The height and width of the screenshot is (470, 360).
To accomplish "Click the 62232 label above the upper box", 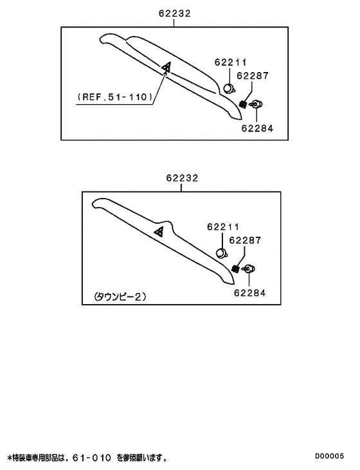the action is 174,14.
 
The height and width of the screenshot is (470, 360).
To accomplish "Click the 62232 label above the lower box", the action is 182,178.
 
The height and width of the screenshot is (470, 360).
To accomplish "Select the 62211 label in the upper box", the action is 231,62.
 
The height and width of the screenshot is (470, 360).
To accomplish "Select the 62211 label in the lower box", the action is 223,227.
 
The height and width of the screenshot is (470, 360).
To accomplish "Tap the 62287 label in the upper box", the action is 253,76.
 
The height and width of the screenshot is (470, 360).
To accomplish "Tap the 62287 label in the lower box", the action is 245,240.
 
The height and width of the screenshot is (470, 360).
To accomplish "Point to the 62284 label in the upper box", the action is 258,129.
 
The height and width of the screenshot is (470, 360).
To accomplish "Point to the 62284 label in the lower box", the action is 250,293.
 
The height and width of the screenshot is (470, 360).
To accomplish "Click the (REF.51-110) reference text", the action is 115,97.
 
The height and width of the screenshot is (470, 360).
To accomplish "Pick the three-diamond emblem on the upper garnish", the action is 166,68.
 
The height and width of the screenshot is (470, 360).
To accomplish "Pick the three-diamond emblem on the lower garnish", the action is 159,231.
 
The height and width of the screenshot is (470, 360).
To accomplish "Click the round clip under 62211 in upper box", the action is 230,89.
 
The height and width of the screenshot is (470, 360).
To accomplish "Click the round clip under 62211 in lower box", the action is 222,253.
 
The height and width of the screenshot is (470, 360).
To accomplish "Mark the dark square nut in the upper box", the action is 243,105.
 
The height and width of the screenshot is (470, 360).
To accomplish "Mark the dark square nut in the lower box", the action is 235,269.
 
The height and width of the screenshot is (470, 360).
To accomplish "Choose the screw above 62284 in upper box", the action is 256,104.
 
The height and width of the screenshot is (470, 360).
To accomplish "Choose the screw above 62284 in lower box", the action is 249,269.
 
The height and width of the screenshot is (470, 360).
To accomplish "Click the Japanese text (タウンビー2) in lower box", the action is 120,297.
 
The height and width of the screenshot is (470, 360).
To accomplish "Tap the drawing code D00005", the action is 329,456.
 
